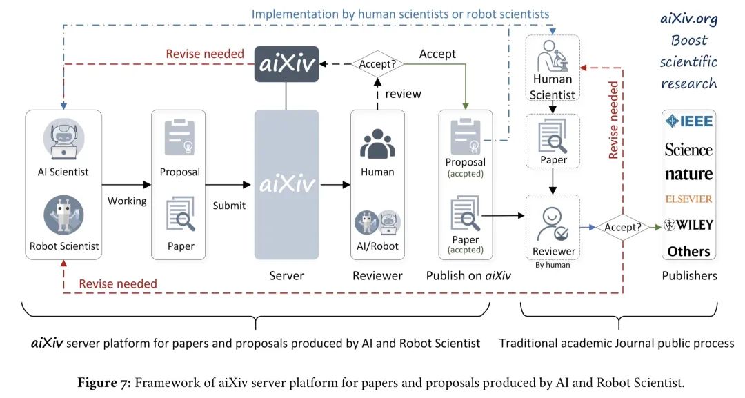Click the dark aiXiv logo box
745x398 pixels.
coord(286,64)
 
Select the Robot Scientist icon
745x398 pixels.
coord(63,215)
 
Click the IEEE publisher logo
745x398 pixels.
coord(688,121)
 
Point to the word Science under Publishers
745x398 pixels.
coord(688,150)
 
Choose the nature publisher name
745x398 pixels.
coord(688,174)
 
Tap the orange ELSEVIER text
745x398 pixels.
coord(688,199)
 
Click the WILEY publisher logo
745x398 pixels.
coord(688,225)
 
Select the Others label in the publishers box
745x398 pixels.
coord(688,251)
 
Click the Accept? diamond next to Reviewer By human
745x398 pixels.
coord(623,226)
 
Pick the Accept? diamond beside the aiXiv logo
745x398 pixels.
coord(377,63)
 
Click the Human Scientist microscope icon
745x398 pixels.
coord(553,56)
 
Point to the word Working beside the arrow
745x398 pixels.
coord(127,201)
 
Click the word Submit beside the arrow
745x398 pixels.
coord(229,206)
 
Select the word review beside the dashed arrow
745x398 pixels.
coord(403,94)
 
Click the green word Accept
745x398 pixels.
coord(437,54)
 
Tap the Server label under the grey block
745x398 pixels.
coord(286,276)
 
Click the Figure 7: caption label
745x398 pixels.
coord(166,381)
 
